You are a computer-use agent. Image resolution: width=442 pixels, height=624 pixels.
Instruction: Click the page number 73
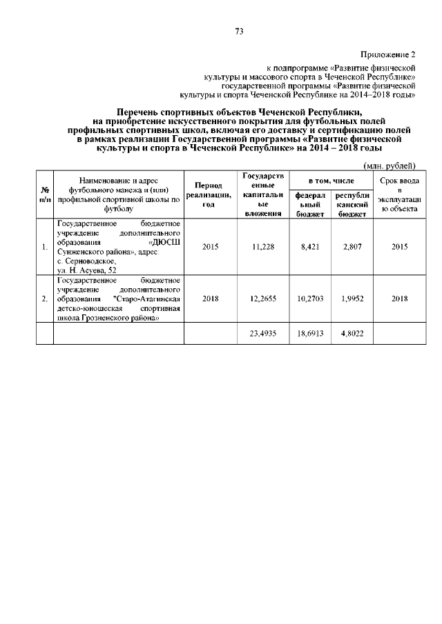(240, 31)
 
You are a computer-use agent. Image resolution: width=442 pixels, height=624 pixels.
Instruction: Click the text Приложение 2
(389, 54)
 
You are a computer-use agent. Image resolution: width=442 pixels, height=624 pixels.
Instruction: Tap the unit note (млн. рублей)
(389, 165)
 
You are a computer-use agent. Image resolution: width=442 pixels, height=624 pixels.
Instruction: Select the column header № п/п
(45, 195)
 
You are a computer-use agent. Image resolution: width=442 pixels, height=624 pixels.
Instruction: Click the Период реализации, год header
(209, 195)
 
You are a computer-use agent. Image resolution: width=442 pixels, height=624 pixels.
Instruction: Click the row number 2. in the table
(45, 299)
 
